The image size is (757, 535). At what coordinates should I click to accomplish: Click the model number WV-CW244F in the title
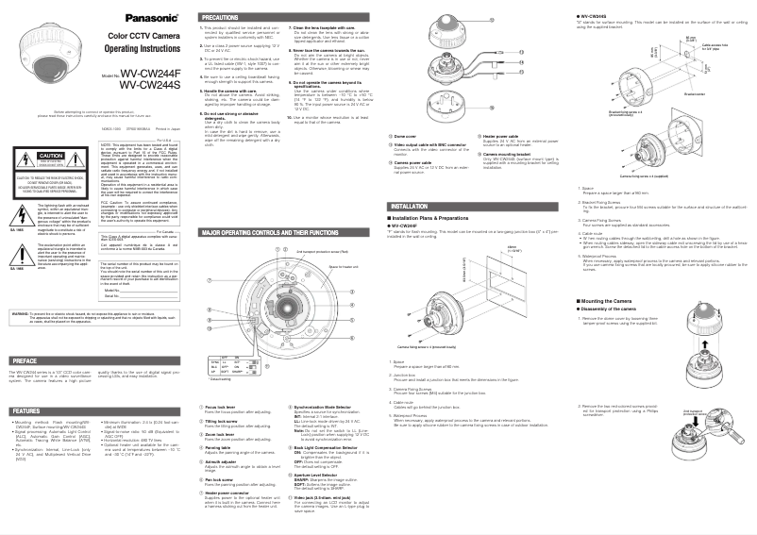(150, 74)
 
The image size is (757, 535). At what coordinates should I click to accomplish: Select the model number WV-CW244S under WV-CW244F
(150, 85)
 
